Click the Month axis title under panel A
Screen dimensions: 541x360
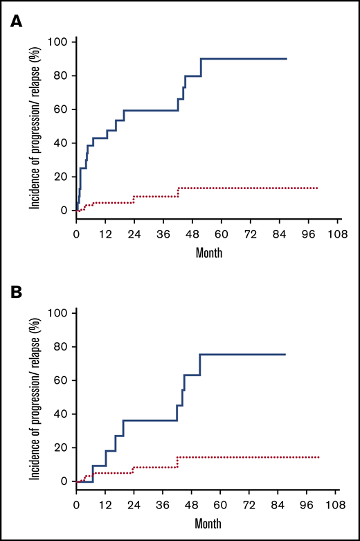click(x=208, y=254)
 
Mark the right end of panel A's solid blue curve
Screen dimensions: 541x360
click(x=286, y=59)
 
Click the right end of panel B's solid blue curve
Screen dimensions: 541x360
click(x=285, y=355)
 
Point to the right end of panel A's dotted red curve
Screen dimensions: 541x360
click(x=318, y=188)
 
